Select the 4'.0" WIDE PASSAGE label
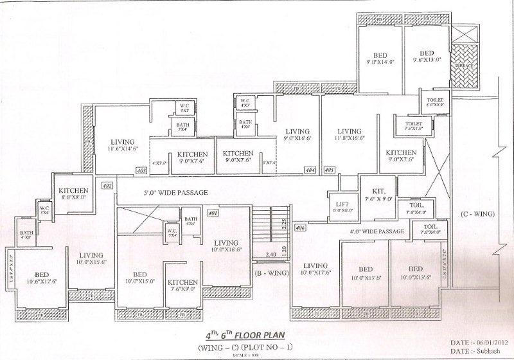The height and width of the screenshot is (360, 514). pos(377,231)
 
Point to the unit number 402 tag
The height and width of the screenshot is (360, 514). pos(107,185)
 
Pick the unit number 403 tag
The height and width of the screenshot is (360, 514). pos(142,170)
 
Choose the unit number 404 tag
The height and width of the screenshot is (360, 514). pos(310,170)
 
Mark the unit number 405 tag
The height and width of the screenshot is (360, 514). pos(330,170)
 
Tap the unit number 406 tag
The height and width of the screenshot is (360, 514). pos(299,228)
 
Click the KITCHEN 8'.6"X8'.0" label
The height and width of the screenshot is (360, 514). pos(73,194)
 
